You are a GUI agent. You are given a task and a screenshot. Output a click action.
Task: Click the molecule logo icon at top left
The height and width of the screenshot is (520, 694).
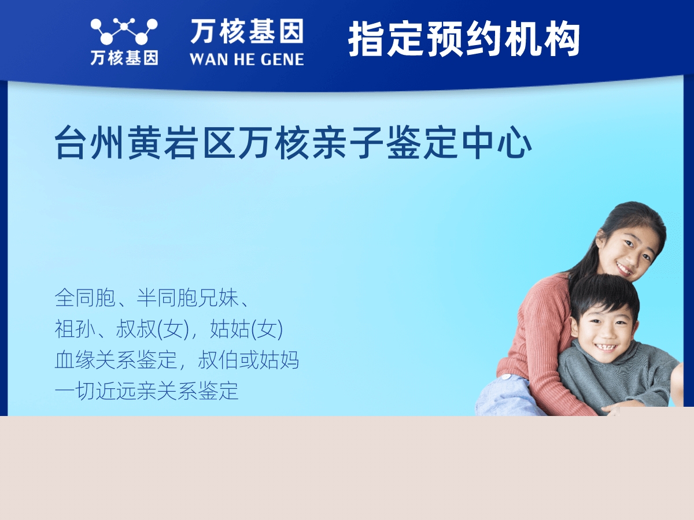tap(124, 31)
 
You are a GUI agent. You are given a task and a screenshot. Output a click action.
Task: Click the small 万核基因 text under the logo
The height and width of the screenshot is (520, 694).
tap(124, 58)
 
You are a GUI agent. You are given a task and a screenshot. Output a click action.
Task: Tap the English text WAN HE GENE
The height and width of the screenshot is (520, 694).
tap(246, 59)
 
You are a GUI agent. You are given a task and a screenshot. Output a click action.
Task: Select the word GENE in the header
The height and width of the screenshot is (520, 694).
tap(280, 59)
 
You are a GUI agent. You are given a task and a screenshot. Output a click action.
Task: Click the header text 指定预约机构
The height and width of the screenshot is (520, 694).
tap(464, 39)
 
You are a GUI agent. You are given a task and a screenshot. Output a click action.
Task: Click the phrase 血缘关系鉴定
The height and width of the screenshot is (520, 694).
tap(115, 361)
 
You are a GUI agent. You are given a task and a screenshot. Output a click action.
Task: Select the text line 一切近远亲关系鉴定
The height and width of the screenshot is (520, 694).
tap(146, 391)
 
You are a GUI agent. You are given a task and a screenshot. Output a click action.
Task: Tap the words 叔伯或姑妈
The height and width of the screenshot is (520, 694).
tap(249, 361)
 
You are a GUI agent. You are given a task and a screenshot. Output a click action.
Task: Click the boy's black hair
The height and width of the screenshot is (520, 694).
tap(604, 292)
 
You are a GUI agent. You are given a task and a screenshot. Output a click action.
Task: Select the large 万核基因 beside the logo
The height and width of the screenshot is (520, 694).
tap(246, 31)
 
